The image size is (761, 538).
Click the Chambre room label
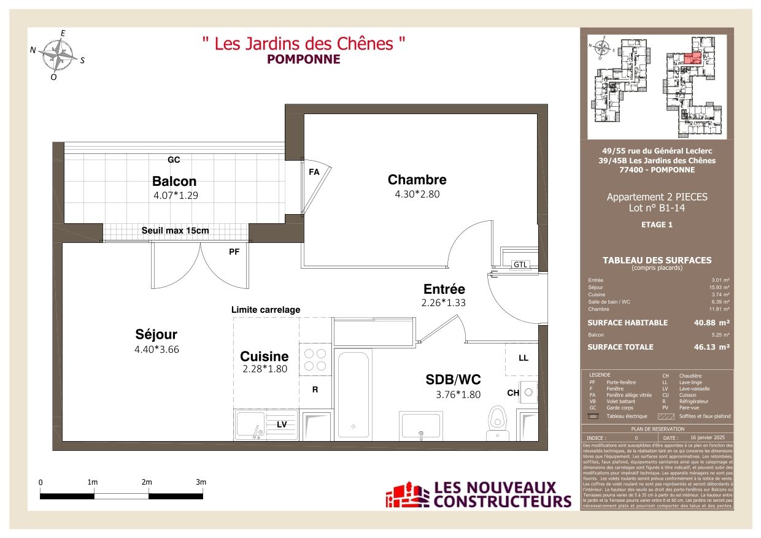(417, 180)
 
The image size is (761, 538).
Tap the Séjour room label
(156, 334)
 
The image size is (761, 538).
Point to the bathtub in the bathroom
(353, 393)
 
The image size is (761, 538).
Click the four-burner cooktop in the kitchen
(315, 360)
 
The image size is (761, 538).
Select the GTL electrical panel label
(520, 264)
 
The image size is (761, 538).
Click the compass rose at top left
(58, 55)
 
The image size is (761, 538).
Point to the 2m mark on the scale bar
(147, 483)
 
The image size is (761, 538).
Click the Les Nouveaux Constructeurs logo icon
(407, 496)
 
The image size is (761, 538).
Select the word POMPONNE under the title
(303, 60)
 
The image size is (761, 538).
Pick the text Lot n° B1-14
(657, 208)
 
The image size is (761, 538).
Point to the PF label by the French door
(234, 251)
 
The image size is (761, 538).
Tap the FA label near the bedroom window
(314, 172)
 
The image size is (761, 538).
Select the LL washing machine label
(523, 358)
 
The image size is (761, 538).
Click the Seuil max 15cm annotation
(175, 231)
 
